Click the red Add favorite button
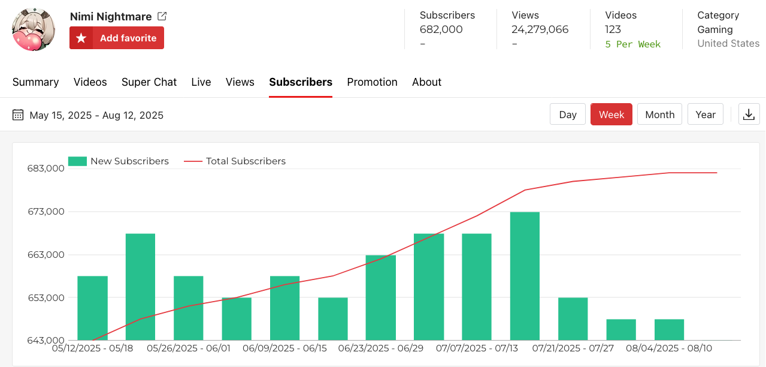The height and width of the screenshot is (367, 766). [117, 38]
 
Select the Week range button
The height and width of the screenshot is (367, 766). [611, 115]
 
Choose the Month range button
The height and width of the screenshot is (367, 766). [659, 115]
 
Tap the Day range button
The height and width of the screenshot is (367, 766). [567, 115]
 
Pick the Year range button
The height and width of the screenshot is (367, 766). [705, 115]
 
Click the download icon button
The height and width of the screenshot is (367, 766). [749, 115]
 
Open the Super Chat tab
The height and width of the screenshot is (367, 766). [149, 82]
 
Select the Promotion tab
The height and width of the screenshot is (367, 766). [372, 82]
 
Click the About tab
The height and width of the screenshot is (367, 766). [426, 82]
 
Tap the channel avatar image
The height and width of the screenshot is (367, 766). [34, 30]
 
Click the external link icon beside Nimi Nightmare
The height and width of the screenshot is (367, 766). [162, 16]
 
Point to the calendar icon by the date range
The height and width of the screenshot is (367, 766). [18, 115]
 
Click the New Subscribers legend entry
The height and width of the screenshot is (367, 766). [119, 161]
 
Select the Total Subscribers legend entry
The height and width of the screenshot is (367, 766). [235, 161]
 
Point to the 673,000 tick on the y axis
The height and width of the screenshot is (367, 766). [46, 212]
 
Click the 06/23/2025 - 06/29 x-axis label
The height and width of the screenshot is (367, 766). [380, 348]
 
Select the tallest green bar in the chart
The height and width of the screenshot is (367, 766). [525, 276]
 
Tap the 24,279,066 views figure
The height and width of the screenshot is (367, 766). [540, 29]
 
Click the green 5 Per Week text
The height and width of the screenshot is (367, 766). [632, 44]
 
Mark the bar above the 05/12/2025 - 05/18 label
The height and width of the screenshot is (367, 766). [92, 308]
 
